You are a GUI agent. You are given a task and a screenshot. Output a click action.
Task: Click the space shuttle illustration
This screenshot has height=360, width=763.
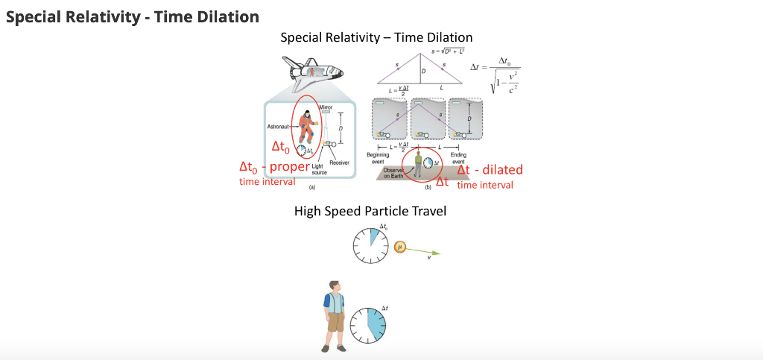(x=311, y=71)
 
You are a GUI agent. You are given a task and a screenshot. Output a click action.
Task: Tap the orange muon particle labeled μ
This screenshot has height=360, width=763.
(x=400, y=246)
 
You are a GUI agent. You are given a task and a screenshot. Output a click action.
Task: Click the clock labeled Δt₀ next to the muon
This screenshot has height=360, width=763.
(x=371, y=245)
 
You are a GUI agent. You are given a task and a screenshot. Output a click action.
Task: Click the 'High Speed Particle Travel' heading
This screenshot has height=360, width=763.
(x=370, y=211)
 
